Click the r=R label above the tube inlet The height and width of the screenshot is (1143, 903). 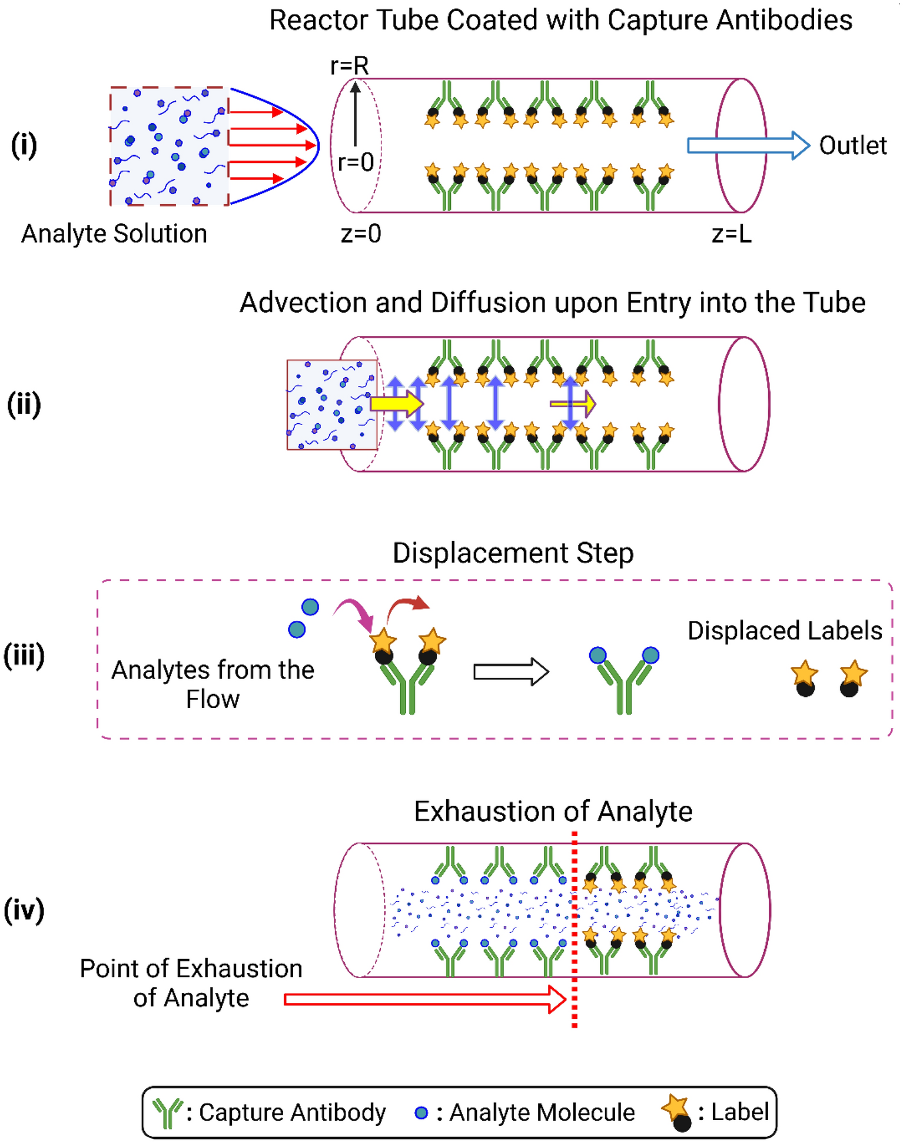point(349,65)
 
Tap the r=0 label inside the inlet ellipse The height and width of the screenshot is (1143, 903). point(356,162)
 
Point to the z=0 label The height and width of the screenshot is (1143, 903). point(361,234)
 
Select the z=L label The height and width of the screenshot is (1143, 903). point(731,234)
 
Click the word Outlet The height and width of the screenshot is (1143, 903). point(852,145)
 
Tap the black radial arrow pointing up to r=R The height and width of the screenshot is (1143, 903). point(356,115)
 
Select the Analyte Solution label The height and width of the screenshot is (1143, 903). point(114,234)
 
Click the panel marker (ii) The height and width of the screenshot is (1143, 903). point(24,404)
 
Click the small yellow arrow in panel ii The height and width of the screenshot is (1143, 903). point(573,404)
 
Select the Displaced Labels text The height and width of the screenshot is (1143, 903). point(785,630)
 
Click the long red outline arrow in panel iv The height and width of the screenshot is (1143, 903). point(424,999)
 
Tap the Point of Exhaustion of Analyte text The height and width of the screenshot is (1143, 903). point(191,983)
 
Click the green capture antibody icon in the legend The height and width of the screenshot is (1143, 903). point(168,1112)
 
